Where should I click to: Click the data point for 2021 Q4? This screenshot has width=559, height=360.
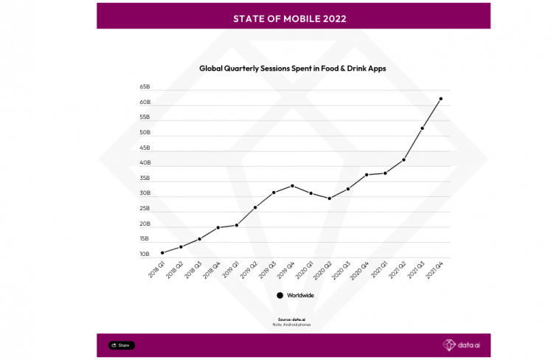[x=441, y=98]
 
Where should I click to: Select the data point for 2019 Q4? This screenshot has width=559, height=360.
[x=293, y=185]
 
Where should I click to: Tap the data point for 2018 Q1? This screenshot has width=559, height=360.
[x=162, y=252]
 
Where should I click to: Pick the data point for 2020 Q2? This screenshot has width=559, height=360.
[x=330, y=198]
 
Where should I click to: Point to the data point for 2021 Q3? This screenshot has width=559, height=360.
[x=423, y=128]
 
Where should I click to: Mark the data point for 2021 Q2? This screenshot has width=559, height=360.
[x=404, y=159]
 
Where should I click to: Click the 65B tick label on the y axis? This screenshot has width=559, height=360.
[x=145, y=86]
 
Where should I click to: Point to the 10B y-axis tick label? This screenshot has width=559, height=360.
[x=145, y=255]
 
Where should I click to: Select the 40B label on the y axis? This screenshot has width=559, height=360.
[x=145, y=163]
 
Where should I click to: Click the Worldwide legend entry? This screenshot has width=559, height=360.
[x=295, y=295]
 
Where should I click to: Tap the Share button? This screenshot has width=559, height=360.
[x=122, y=345]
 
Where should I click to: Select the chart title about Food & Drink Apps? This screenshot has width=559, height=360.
[x=293, y=68]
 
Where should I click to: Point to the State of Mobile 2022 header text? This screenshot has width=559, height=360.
[x=293, y=17]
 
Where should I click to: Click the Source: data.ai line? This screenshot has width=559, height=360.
[x=293, y=319]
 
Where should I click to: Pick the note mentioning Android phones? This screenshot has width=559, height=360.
[x=293, y=325]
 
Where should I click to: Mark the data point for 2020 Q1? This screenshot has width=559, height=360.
[x=311, y=193]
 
